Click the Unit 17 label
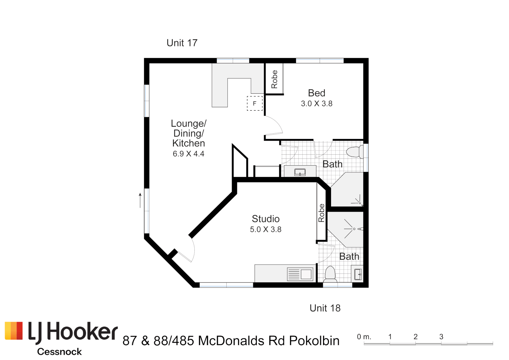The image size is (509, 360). pyautogui.click(x=182, y=43)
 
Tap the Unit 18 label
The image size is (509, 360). pyautogui.click(x=325, y=308)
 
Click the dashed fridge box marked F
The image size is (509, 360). pyautogui.click(x=255, y=103)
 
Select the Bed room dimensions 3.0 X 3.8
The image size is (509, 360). pyautogui.click(x=317, y=104)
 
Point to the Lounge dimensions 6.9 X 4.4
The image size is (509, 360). pyautogui.click(x=188, y=154)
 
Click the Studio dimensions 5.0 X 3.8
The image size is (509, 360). pyautogui.click(x=266, y=230)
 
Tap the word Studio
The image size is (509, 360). pyautogui.click(x=266, y=219)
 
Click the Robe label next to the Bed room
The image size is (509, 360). pyautogui.click(x=274, y=79)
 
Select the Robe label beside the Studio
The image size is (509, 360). pyautogui.click(x=321, y=213)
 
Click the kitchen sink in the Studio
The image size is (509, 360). pyautogui.click(x=300, y=274)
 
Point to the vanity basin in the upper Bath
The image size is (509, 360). pyautogui.click(x=300, y=172)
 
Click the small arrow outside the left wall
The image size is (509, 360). pyautogui.click(x=140, y=200)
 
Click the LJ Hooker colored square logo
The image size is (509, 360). pyautogui.click(x=14, y=331)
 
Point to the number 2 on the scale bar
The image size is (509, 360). pyautogui.click(x=415, y=337)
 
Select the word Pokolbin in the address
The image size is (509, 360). pyautogui.click(x=314, y=341)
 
